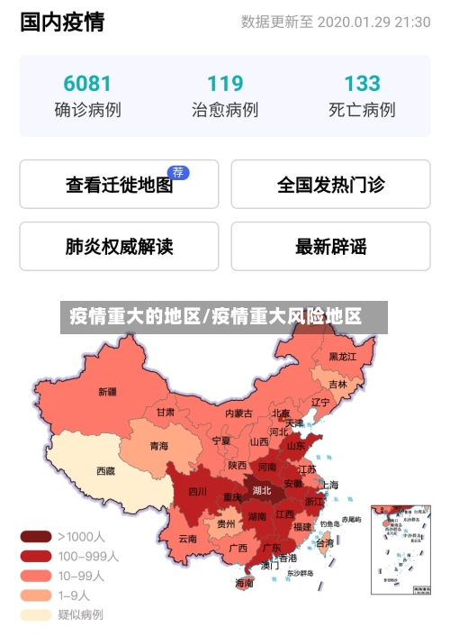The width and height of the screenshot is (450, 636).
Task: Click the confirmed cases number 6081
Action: [x=87, y=84]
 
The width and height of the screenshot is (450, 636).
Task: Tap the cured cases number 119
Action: [x=225, y=84]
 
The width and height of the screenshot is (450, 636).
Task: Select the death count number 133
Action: [x=362, y=84]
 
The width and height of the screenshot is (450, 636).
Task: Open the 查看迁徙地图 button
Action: [x=119, y=185]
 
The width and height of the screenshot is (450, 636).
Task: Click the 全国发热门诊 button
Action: [x=330, y=185]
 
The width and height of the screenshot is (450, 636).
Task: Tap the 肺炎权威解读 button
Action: [x=119, y=246]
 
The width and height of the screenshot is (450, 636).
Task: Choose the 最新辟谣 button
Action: [x=330, y=246]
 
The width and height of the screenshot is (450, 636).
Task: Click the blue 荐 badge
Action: [x=179, y=172]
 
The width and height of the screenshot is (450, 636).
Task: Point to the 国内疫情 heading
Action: [x=62, y=22]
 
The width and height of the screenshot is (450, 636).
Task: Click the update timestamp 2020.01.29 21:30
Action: [x=373, y=22]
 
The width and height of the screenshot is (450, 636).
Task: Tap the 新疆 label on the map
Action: [x=108, y=392]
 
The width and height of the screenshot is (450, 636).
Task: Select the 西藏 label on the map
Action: [x=105, y=470]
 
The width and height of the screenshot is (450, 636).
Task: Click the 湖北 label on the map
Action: [x=262, y=491]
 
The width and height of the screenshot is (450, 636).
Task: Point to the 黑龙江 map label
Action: [x=343, y=357]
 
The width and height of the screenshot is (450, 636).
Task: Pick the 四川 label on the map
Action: [x=197, y=492]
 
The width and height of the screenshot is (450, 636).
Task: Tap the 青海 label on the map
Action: [x=158, y=446]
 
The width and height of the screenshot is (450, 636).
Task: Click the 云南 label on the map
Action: [x=187, y=539]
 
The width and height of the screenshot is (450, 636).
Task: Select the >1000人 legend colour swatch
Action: [x=37, y=536]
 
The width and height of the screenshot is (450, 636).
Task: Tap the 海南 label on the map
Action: [x=244, y=583]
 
